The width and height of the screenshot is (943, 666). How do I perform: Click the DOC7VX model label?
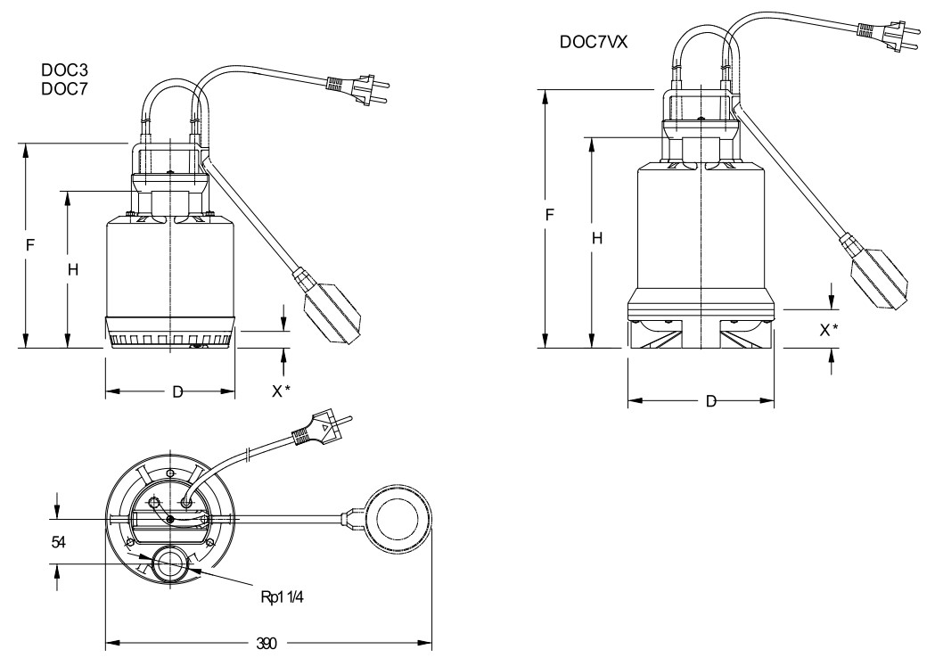pyautogui.click(x=594, y=42)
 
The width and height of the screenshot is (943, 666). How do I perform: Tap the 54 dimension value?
pyautogui.click(x=57, y=542)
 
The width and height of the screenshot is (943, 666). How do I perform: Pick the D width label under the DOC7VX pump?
pyautogui.click(x=710, y=402)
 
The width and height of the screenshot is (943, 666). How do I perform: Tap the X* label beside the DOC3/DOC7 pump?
pyautogui.click(x=282, y=391)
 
